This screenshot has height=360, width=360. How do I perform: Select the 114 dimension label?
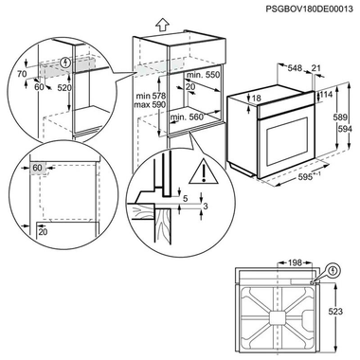326,96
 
